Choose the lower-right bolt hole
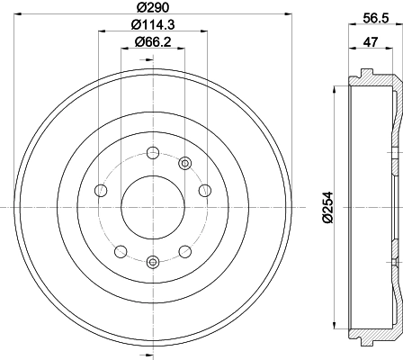[184, 251]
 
